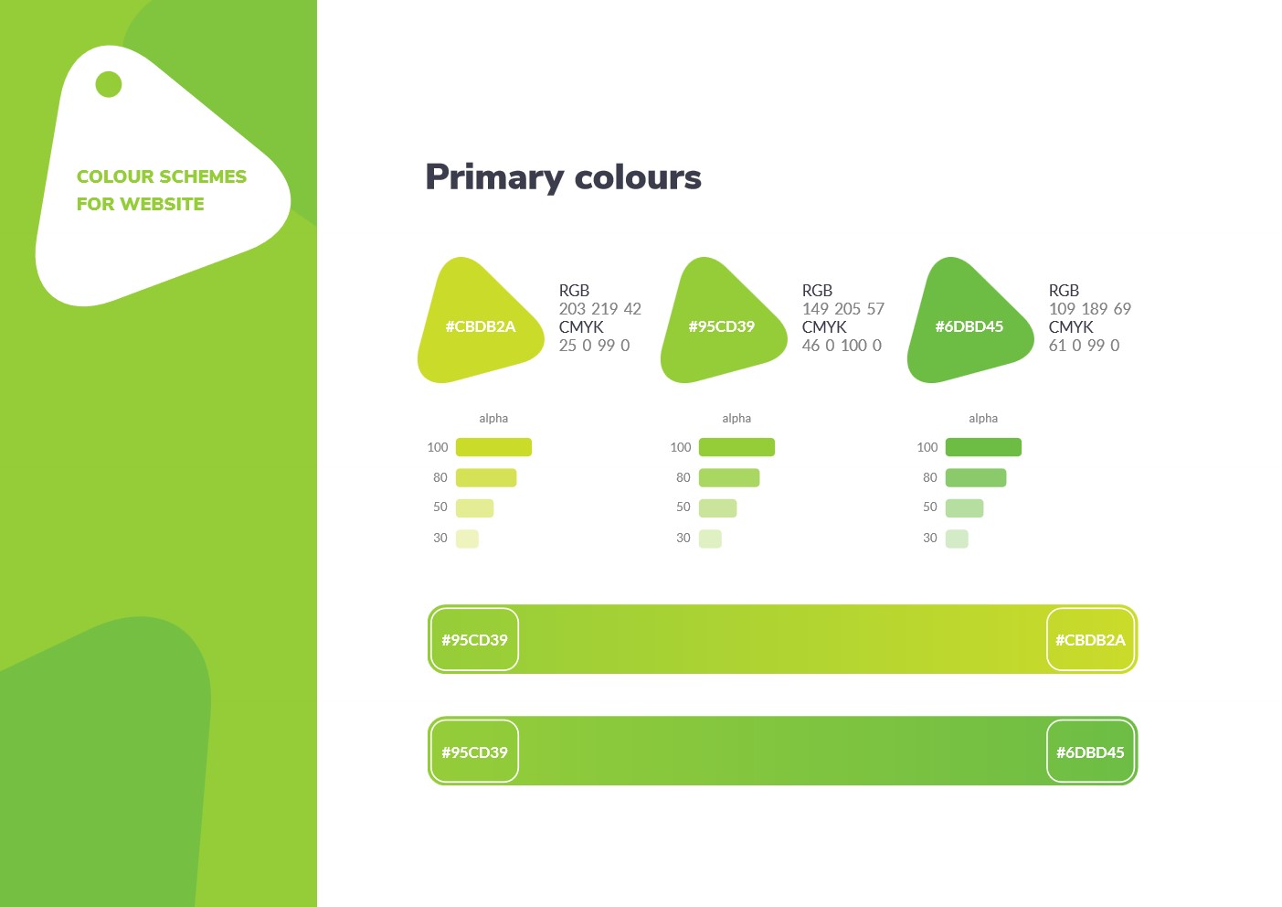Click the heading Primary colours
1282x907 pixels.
563,177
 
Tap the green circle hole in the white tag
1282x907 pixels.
109,84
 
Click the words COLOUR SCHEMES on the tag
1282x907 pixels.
162,176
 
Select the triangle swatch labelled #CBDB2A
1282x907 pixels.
480,321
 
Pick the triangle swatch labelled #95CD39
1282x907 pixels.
723,321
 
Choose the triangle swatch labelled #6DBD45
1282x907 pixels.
969,321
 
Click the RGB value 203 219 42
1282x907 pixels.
599,309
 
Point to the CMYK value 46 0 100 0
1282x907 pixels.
842,346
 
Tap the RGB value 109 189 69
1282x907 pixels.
1090,309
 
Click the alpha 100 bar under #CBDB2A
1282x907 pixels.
493,447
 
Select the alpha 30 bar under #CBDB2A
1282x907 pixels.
467,539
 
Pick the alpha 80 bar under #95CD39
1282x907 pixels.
729,477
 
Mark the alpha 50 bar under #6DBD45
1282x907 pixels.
964,507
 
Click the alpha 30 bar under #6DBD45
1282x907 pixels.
957,539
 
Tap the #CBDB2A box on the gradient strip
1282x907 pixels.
1090,639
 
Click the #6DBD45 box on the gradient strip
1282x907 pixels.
1090,752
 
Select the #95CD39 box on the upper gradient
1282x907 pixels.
474,639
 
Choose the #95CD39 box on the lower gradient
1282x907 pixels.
474,752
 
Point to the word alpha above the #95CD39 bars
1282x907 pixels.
736,419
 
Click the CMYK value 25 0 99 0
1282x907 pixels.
594,346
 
